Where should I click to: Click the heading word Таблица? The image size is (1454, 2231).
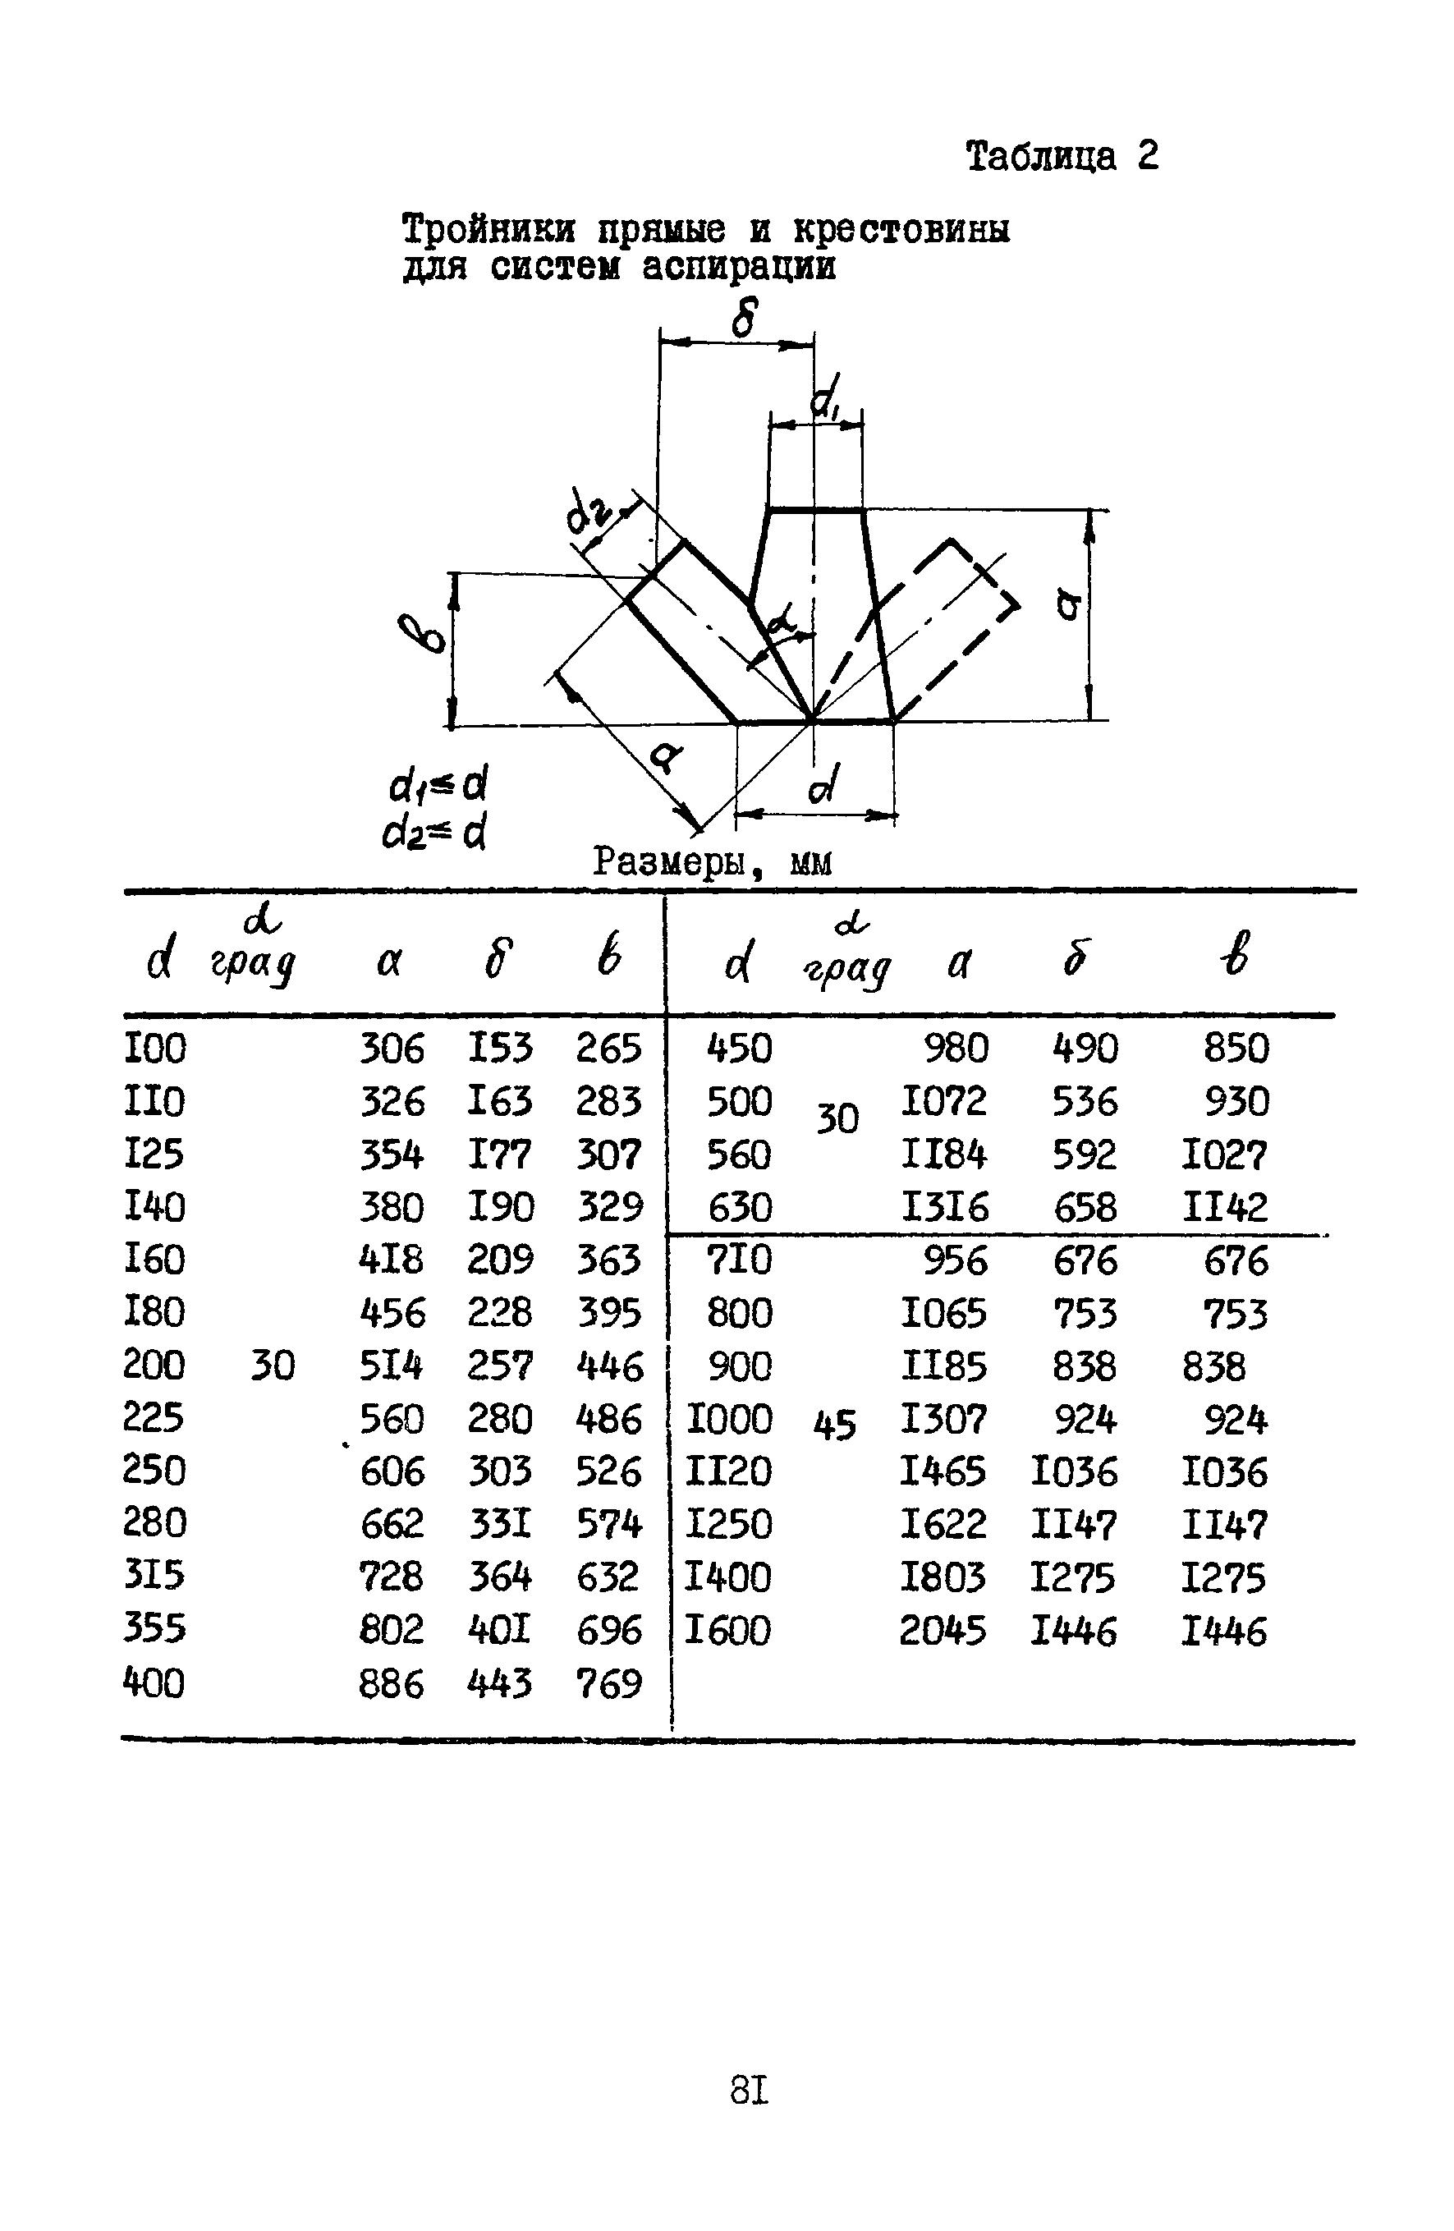[1040, 156]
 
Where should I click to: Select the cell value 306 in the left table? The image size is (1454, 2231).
[391, 1048]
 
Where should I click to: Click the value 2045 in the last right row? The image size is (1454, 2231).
[943, 1631]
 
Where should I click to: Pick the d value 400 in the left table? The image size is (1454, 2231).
[154, 1683]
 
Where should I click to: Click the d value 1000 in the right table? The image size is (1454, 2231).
[729, 1419]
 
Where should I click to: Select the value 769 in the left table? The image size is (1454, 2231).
[608, 1684]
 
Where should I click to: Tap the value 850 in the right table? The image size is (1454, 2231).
[1236, 1048]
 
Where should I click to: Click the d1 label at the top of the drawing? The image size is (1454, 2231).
[824, 397]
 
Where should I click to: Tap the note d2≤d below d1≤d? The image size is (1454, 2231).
[434, 833]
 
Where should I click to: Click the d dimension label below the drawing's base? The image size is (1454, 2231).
[822, 783]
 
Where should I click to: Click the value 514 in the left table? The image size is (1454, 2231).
[391, 1366]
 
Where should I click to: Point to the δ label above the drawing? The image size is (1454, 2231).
[743, 317]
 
